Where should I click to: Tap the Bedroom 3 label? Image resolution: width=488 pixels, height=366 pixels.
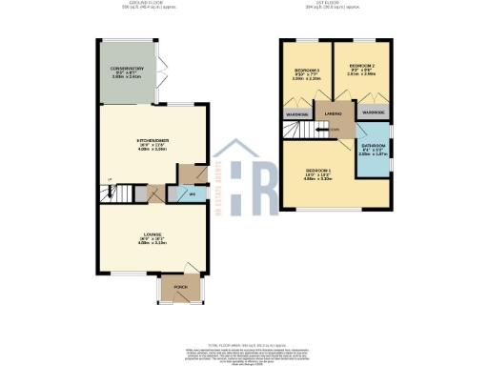[307, 71]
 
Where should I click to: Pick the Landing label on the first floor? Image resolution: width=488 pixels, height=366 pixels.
[334, 113]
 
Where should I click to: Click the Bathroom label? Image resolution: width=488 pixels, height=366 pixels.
[372, 147]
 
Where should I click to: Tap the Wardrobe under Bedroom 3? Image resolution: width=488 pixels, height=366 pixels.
[297, 114]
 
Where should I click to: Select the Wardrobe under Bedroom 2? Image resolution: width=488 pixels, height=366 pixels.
[373, 112]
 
